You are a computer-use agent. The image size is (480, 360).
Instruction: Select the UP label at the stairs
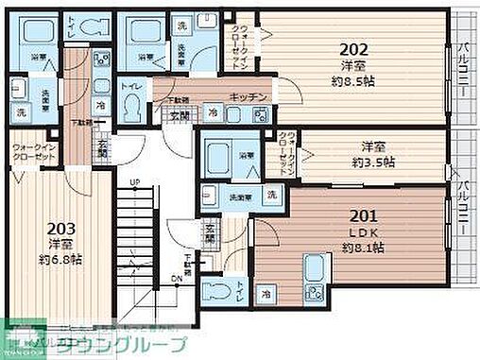tap(134, 183)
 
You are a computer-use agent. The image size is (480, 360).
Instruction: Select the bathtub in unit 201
tap(218, 153)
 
